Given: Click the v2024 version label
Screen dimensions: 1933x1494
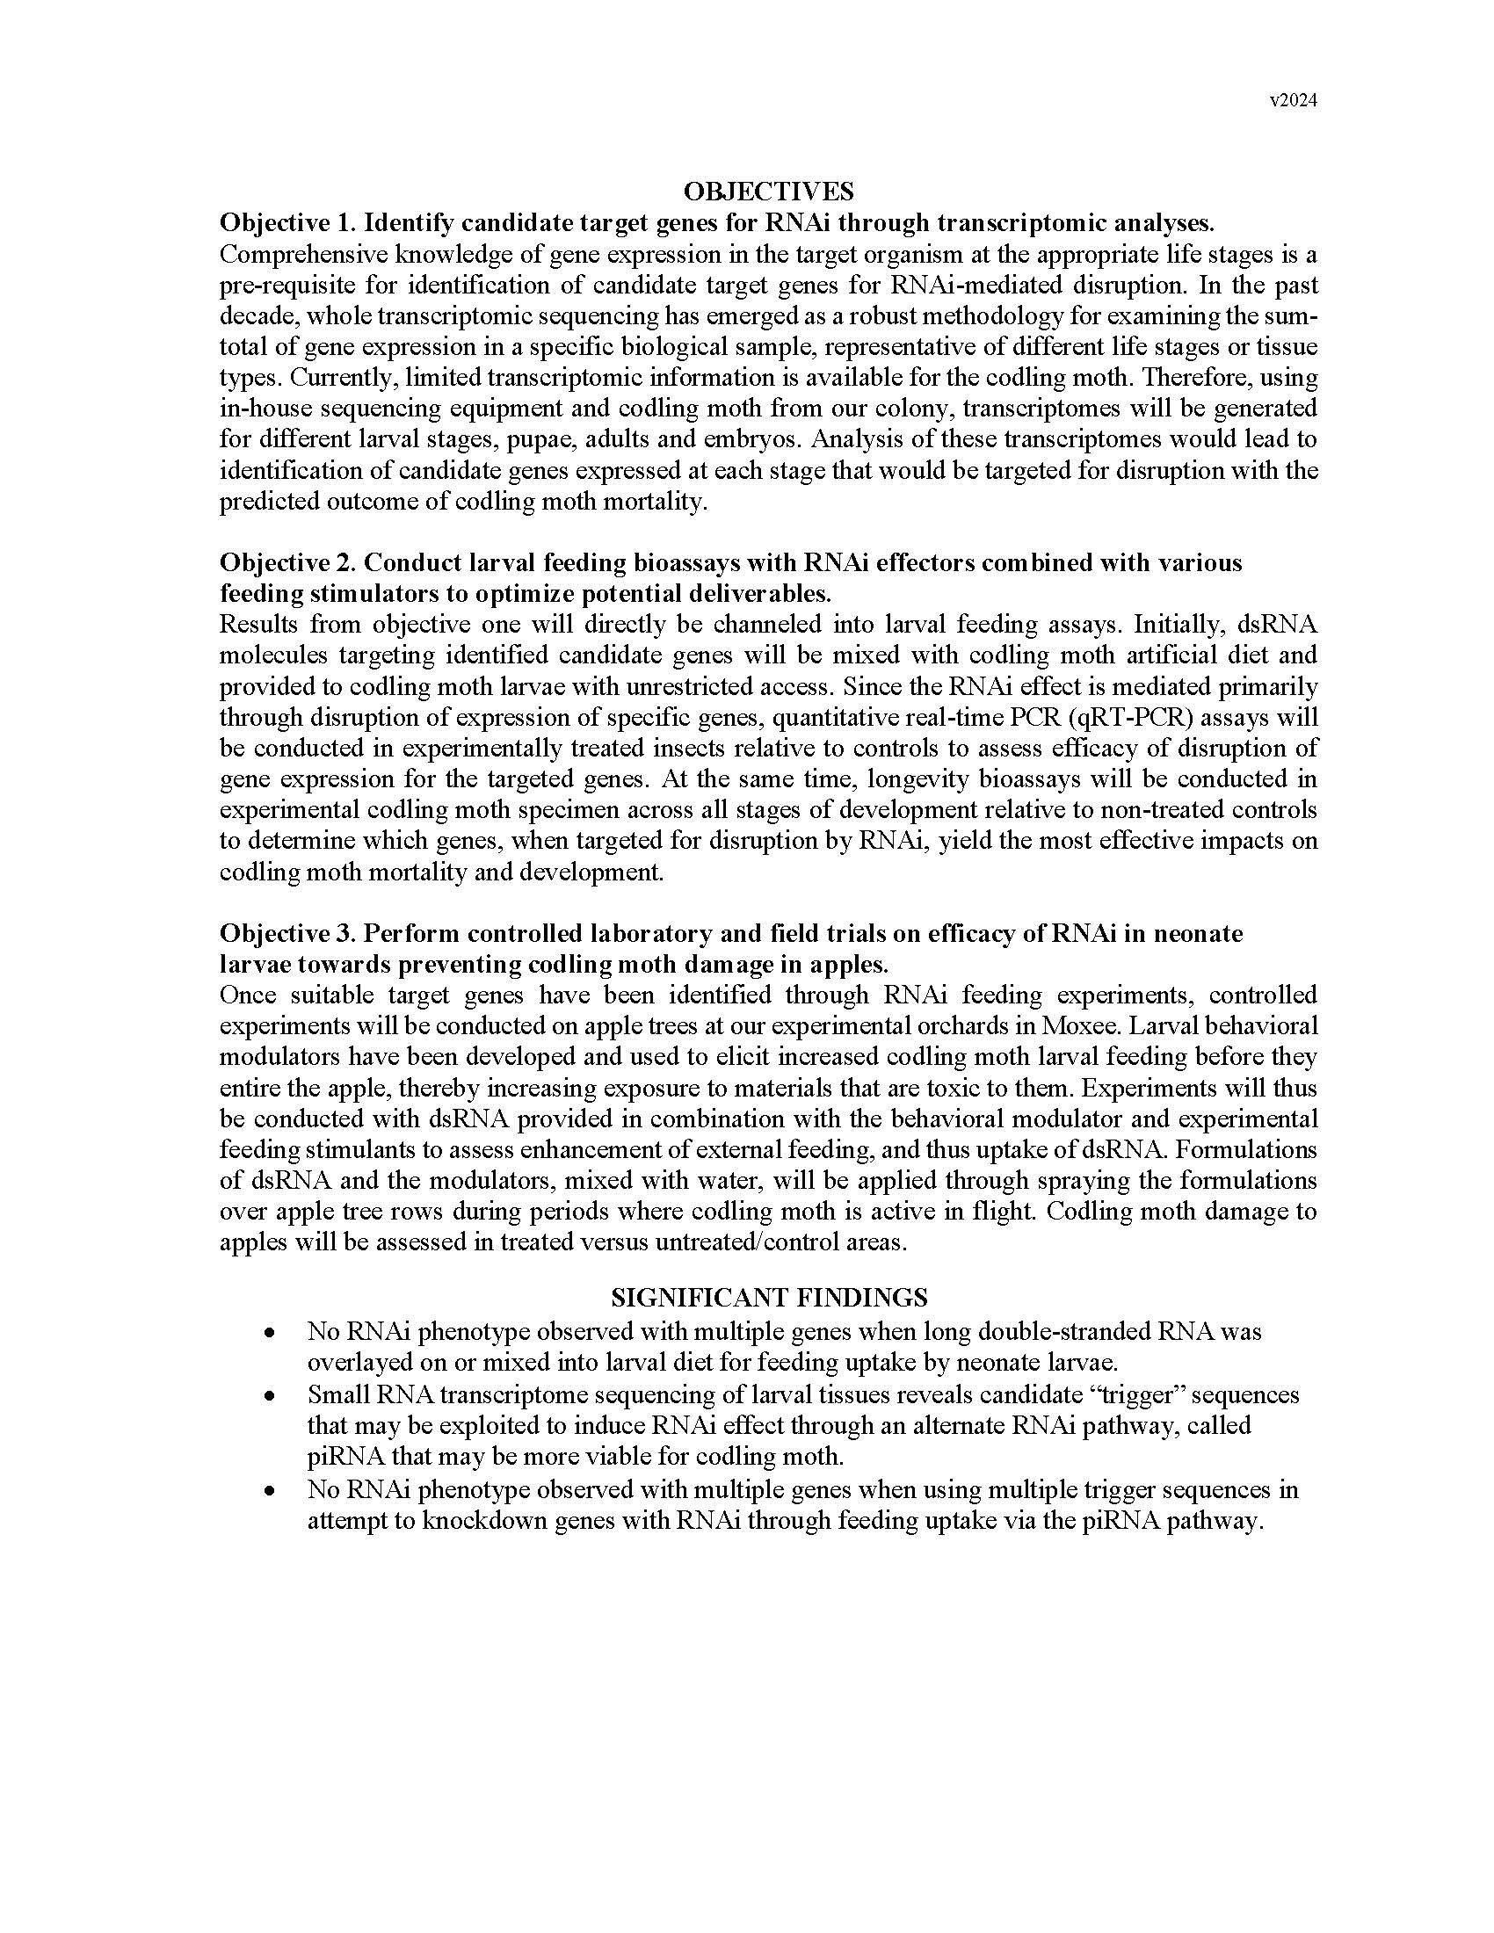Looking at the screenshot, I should tap(1293, 101).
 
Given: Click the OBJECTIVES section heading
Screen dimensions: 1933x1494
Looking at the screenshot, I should tap(768, 192).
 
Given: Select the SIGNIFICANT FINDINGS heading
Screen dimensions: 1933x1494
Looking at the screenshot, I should tap(769, 1298).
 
